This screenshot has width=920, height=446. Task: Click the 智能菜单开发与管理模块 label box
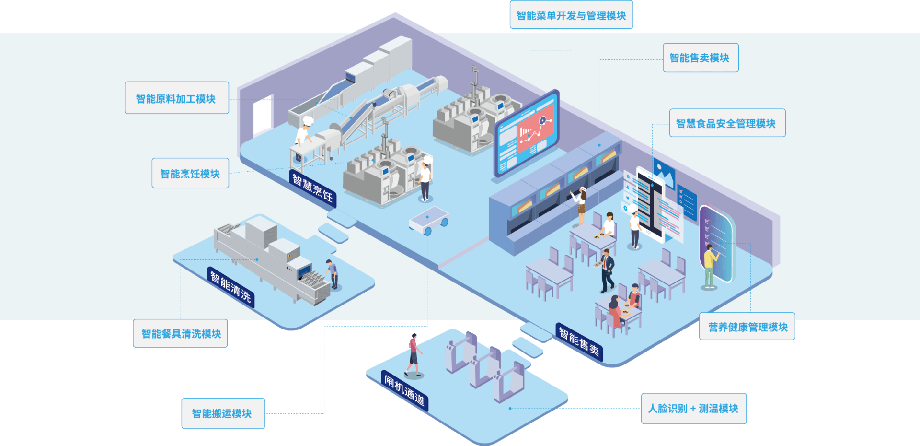point(571,15)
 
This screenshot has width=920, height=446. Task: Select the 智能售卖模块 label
point(700,58)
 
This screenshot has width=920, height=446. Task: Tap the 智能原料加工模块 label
point(176,98)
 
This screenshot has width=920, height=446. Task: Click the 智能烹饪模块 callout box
point(190,173)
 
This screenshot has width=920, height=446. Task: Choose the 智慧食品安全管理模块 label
point(726,123)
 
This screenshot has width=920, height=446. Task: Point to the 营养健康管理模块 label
point(747,327)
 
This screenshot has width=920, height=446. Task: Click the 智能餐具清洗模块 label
point(181,333)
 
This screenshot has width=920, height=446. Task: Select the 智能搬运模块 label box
point(222,413)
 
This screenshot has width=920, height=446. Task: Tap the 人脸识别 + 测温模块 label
point(693,408)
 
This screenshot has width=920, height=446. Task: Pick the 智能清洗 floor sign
point(230,287)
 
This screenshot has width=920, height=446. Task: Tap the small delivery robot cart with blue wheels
point(428,221)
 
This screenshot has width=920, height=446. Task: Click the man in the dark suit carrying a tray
point(607,271)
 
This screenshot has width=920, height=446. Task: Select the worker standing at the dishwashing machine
point(332,274)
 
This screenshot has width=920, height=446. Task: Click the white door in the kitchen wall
point(263,115)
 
